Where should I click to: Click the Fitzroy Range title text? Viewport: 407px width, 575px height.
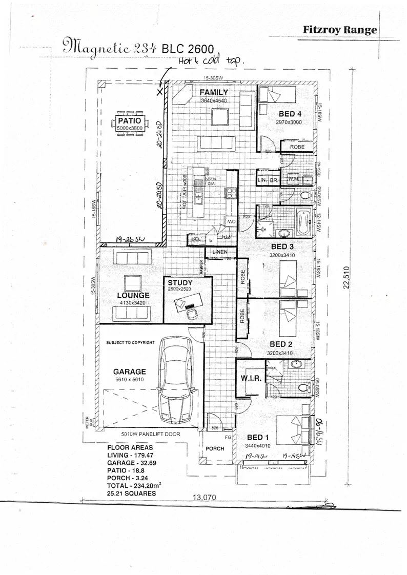click(x=340, y=30)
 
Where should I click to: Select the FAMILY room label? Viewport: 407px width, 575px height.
click(x=213, y=92)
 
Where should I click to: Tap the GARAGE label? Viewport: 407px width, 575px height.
click(x=130, y=372)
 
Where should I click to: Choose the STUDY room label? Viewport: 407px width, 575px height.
click(x=179, y=283)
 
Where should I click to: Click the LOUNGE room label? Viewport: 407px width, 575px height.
click(x=133, y=296)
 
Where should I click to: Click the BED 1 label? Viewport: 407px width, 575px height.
click(x=258, y=437)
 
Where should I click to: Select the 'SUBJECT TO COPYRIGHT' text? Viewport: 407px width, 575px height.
click(x=131, y=342)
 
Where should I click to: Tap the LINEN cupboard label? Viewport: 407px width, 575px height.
click(x=220, y=252)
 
